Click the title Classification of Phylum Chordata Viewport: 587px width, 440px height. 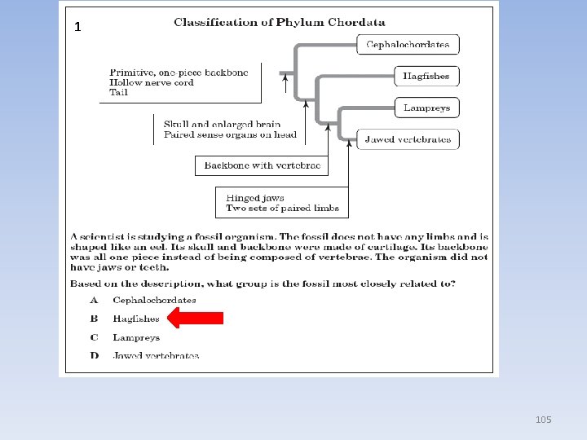[280, 22]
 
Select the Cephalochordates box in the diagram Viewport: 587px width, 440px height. [408, 44]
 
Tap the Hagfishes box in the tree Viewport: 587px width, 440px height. [426, 77]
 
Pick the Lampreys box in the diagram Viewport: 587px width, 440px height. [426, 108]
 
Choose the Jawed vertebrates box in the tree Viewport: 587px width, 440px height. [408, 139]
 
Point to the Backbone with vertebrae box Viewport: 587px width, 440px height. [262, 165]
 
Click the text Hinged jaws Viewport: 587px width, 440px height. [255, 198]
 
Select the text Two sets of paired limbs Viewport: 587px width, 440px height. [282, 209]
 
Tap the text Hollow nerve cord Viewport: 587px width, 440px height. [152, 82]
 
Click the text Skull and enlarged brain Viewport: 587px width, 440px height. [222, 125]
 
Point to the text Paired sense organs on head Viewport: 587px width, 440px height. [230, 134]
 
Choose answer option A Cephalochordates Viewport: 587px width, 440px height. [154, 300]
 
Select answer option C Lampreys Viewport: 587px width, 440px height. [136, 337]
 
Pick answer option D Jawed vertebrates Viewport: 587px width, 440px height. [155, 355]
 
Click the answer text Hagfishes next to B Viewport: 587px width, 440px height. [136, 319]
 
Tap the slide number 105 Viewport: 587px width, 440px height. [544, 420]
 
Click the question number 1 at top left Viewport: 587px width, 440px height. [77, 27]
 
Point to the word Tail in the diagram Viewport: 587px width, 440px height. [119, 92]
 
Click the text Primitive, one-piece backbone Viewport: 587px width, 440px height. [173, 73]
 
